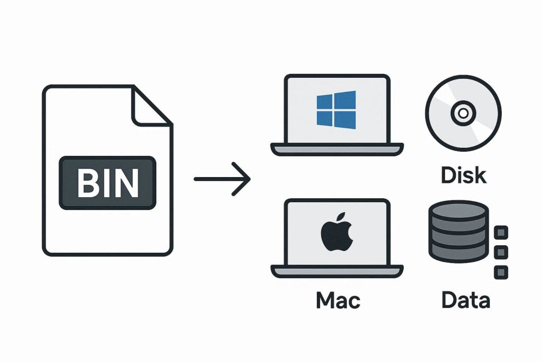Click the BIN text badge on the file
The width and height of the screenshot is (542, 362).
coord(108,183)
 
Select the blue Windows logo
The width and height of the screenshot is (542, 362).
coord(336,109)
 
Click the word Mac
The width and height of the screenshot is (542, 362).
coord(338,300)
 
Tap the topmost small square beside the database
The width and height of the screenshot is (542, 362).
coord(501,233)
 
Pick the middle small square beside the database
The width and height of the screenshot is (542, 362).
coord(501,252)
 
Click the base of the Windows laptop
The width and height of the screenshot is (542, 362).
coord(337,149)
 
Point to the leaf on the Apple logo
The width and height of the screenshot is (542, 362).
coord(341,217)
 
